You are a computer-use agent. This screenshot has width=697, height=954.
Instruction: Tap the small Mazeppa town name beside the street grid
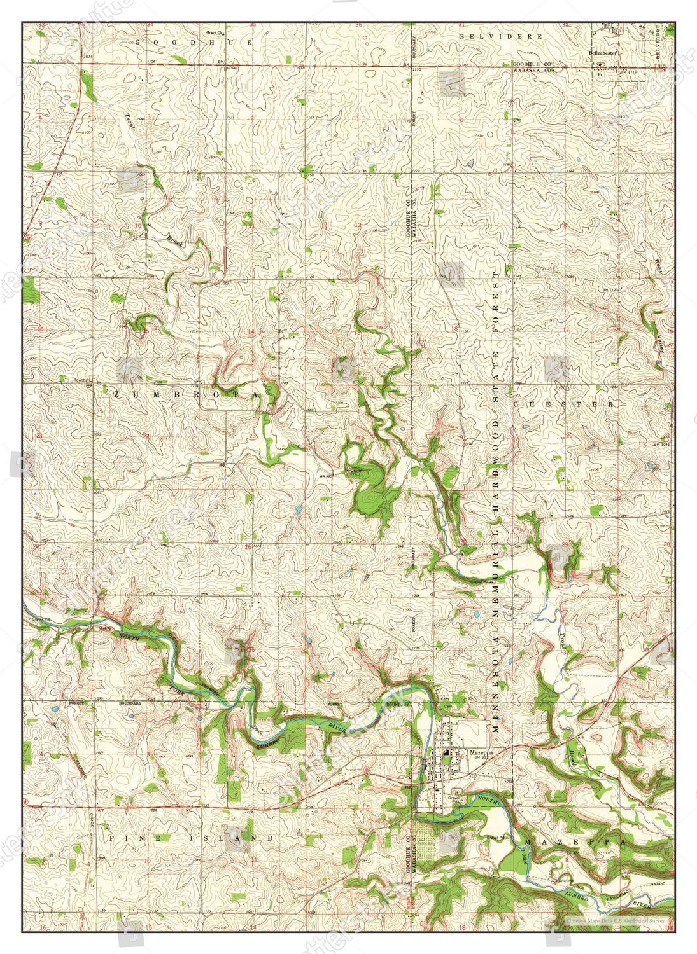478,752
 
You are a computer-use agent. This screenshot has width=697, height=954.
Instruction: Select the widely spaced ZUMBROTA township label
186,395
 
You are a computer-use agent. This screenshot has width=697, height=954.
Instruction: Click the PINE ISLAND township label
191,838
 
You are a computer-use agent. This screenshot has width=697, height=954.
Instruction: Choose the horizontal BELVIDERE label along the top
502,37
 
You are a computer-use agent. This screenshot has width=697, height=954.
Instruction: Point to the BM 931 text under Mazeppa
479,758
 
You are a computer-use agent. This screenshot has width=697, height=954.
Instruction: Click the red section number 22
146,436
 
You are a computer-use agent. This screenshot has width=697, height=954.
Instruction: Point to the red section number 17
566,330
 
